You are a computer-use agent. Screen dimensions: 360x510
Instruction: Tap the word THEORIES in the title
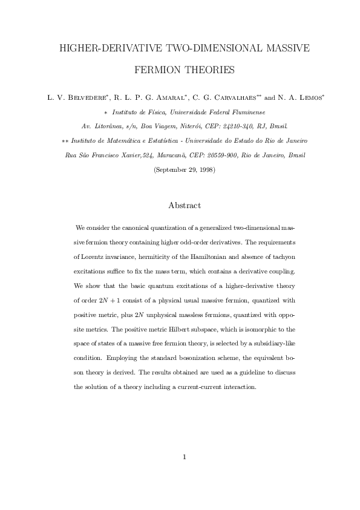point(211,71)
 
